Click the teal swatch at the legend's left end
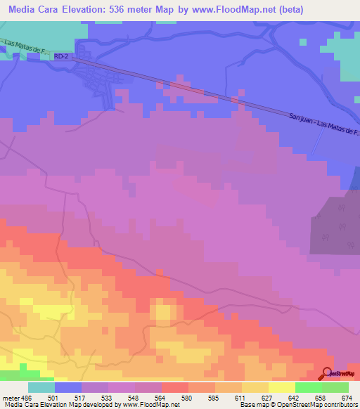tap(41, 387)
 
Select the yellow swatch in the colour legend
tap(281, 387)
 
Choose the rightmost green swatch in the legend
tap(335, 387)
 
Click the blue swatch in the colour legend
tap(68, 387)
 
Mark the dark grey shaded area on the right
tap(336, 225)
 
